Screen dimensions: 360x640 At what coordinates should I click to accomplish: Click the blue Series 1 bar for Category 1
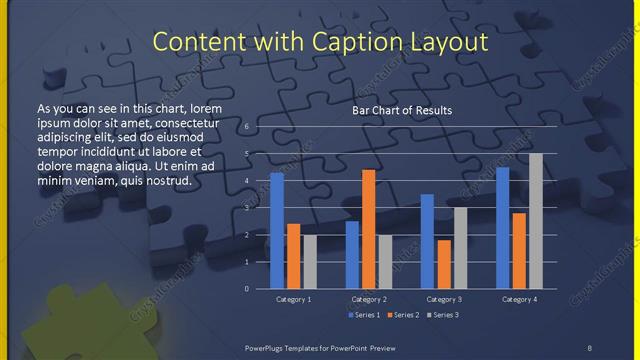coord(277,231)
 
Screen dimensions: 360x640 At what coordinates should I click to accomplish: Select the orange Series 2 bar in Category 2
coord(369,229)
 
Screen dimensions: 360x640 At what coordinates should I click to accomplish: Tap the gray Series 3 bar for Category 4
coord(536,221)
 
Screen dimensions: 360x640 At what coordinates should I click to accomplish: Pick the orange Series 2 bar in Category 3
coord(444,264)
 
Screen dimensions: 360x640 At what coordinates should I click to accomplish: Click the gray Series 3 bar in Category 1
coord(310,262)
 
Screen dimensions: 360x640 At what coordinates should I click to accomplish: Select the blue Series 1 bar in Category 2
coord(352,255)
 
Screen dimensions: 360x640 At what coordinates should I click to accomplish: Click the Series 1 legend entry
coord(364,315)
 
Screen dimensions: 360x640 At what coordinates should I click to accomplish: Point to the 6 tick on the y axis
coord(247,128)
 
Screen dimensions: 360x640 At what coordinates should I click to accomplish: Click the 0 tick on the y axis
coord(247,288)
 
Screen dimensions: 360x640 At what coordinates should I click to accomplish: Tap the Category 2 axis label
coord(369,299)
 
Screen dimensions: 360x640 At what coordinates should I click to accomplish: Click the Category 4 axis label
coord(519,299)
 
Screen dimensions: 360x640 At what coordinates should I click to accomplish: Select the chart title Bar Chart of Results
coord(402,110)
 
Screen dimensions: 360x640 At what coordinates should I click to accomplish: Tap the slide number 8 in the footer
coord(590,347)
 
